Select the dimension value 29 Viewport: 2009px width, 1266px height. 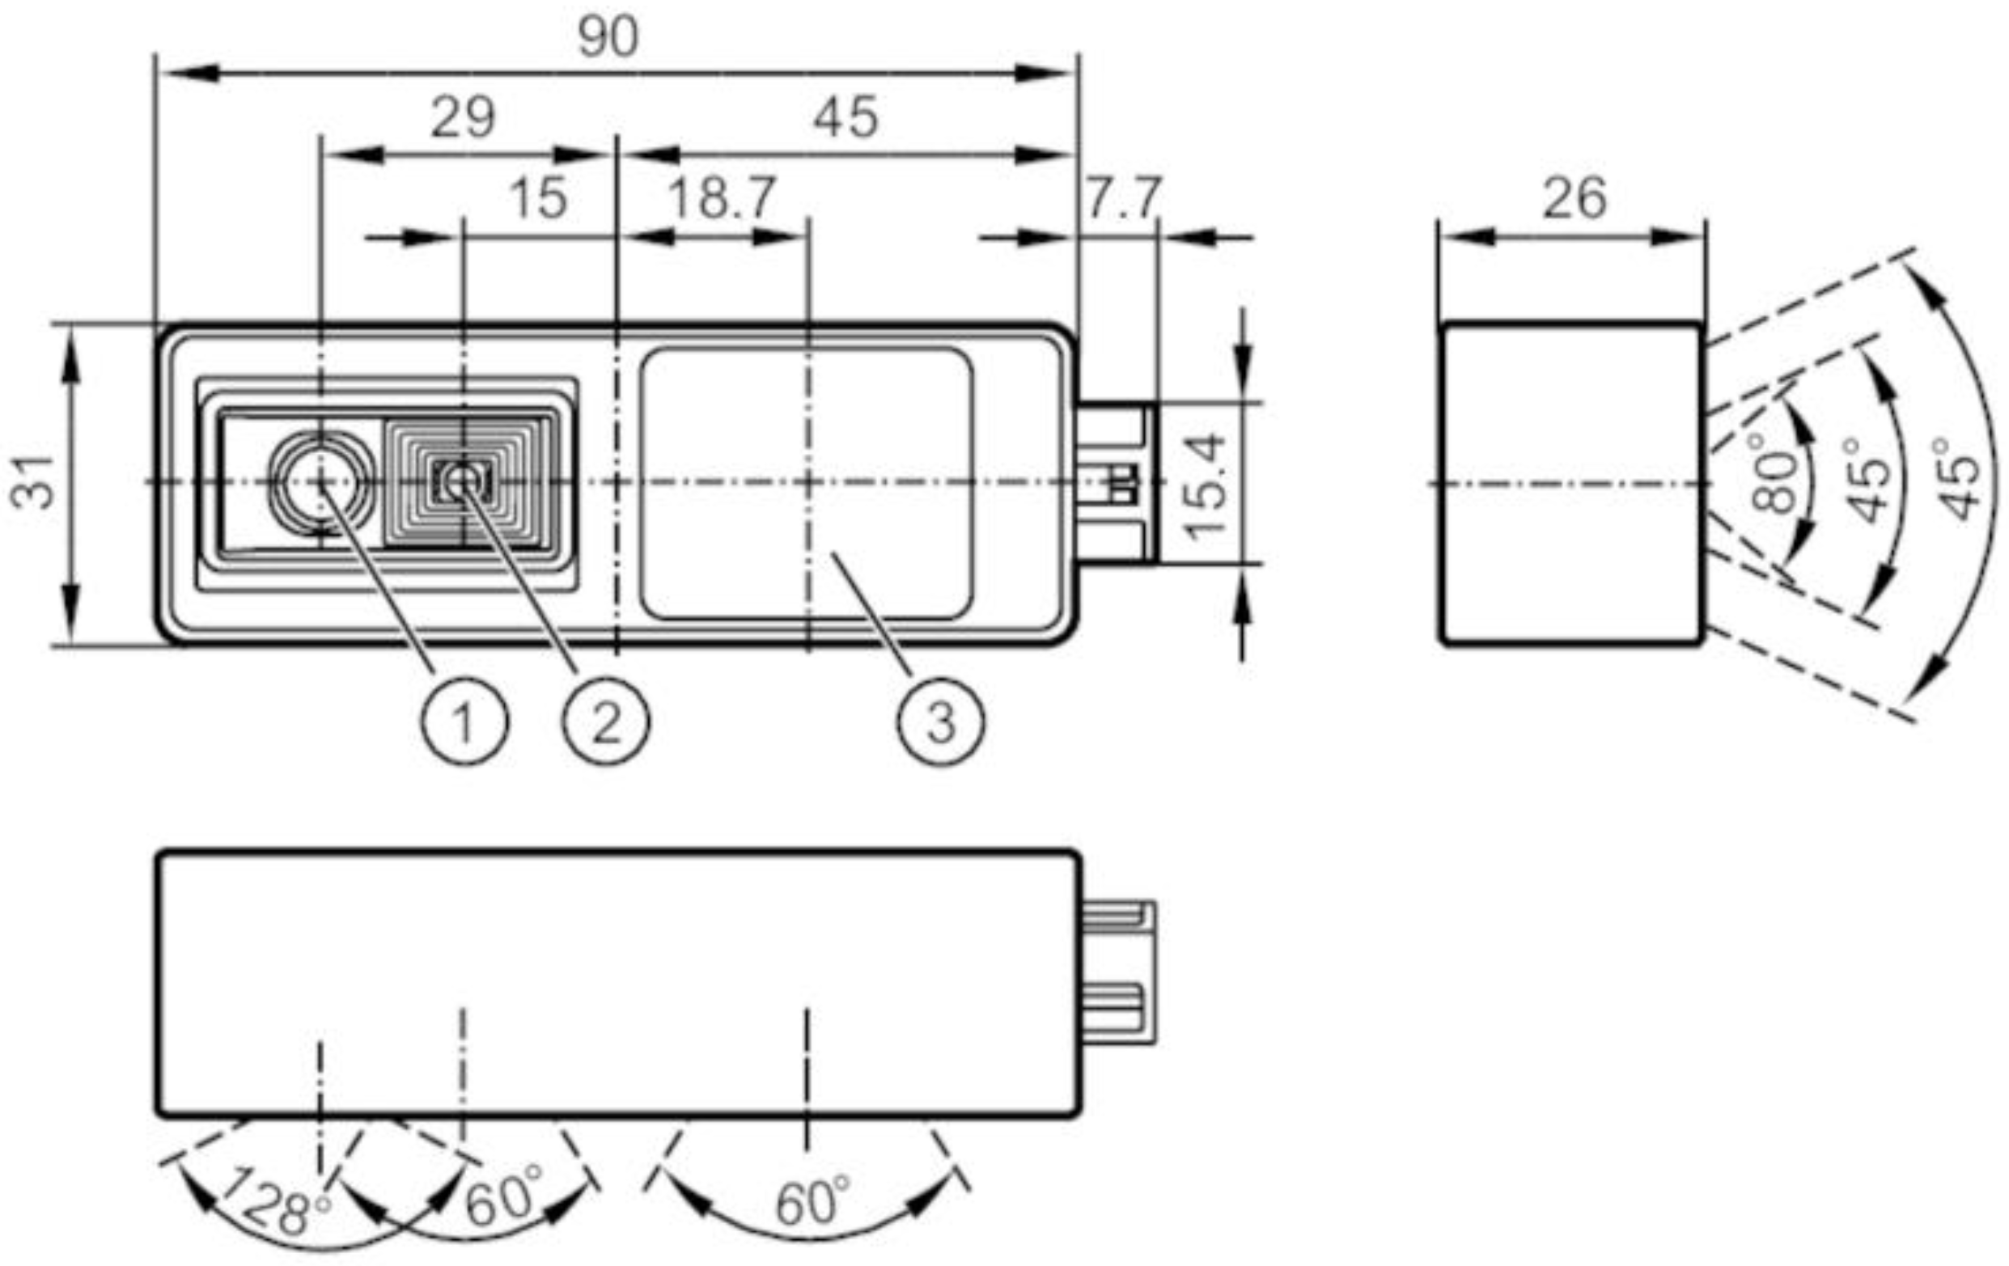click(462, 117)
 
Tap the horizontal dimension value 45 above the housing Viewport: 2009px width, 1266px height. click(846, 117)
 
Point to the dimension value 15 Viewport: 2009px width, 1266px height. click(538, 198)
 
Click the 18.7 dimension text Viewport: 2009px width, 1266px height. click(722, 198)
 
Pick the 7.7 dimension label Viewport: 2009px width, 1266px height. click(1123, 198)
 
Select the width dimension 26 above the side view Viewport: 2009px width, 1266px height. click(1574, 198)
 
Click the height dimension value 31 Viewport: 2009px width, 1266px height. click(33, 482)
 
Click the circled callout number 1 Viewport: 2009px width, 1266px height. click(464, 722)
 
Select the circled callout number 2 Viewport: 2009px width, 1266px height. click(606, 722)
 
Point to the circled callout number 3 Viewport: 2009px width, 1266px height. click(940, 722)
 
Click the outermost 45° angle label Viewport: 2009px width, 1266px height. click(1957, 479)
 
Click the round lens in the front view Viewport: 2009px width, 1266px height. click(321, 482)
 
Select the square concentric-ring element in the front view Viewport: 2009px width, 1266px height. click(464, 482)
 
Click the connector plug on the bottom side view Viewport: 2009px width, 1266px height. click(1118, 972)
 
